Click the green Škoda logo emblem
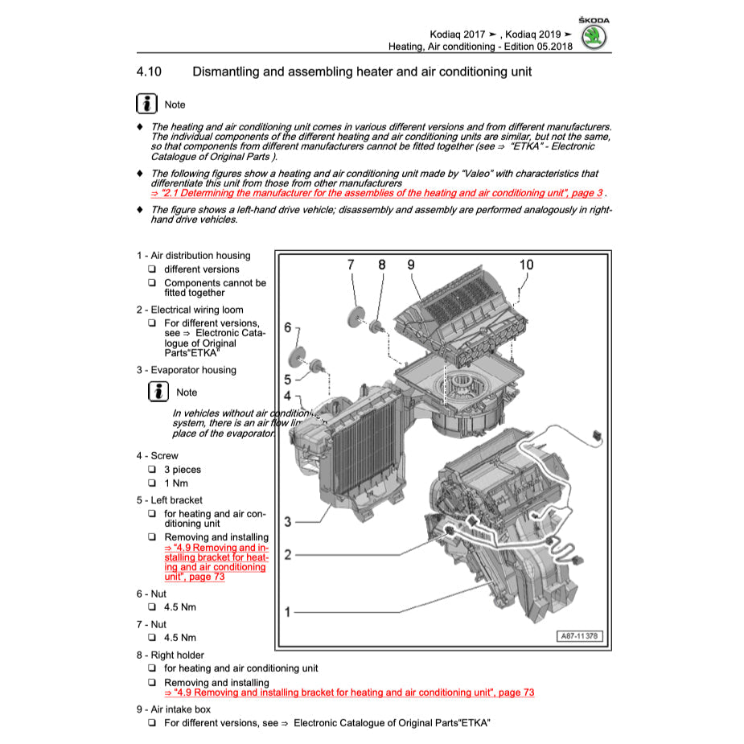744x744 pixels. pos(594,37)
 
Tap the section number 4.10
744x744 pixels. pos(149,72)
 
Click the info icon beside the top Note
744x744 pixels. pos(146,105)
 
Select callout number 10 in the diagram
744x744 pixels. pos(526,265)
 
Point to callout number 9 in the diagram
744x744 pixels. pos(410,265)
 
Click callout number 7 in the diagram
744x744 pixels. pos(351,265)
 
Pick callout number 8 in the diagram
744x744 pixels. pos(381,265)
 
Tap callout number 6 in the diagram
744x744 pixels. pos(288,328)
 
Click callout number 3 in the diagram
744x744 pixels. pos(287,522)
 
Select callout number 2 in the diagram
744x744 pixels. pos(287,555)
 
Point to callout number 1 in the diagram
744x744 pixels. pos(287,613)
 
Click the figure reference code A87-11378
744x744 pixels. pos(579,636)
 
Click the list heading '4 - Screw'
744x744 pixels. pos(157,455)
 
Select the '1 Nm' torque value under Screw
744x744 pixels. pos(176,483)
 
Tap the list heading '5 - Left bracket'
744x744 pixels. pos(169,499)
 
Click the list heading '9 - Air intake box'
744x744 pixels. pos(173,709)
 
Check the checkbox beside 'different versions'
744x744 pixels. pos(152,269)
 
